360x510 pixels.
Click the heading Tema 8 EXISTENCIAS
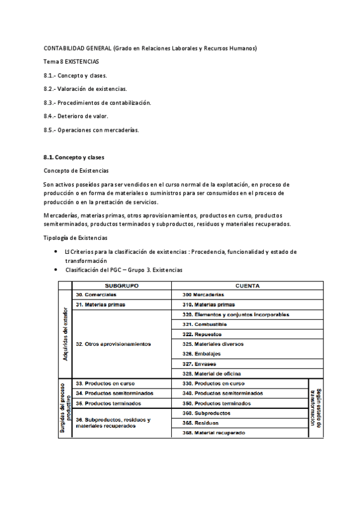[x=72, y=61]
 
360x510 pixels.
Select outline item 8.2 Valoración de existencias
[x=85, y=88]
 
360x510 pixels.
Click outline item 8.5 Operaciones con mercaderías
[x=91, y=129]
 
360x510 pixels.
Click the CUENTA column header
[x=247, y=286]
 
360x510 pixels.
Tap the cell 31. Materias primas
[x=100, y=305]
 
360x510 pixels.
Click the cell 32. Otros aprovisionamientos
[x=113, y=344]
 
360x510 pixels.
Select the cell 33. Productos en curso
[x=105, y=383]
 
